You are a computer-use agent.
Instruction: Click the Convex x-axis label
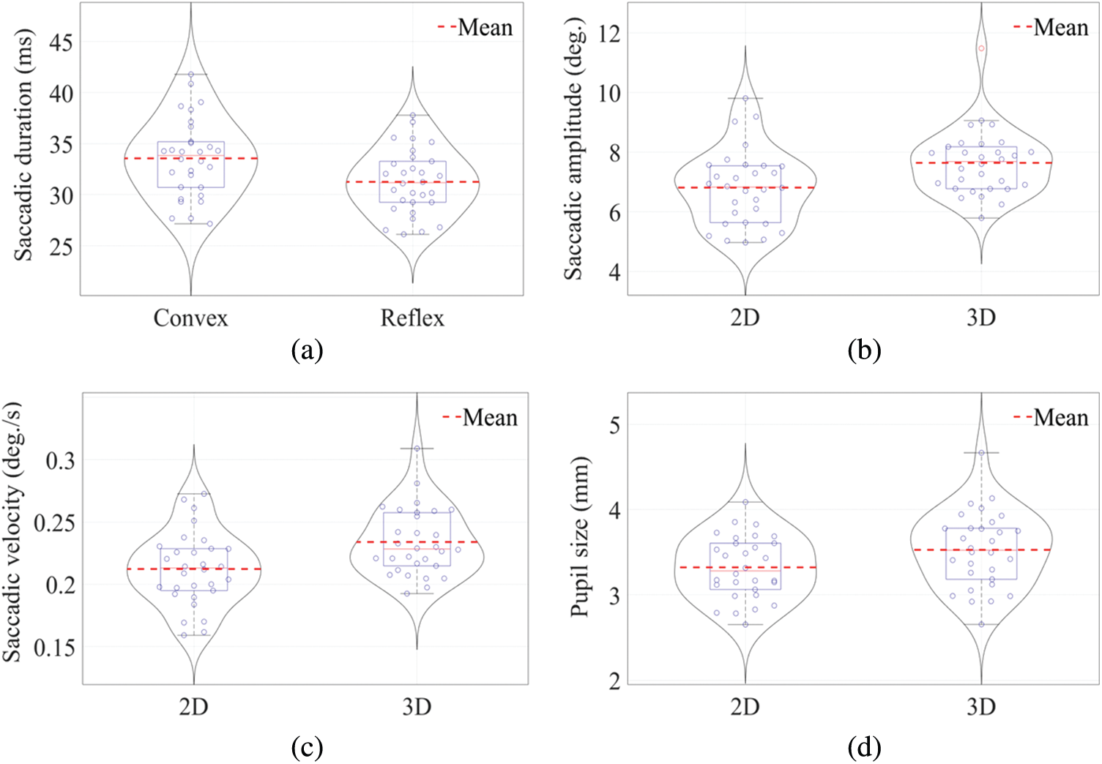click(190, 318)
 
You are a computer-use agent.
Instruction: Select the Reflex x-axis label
click(412, 318)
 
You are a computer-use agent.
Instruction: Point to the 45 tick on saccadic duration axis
click(61, 42)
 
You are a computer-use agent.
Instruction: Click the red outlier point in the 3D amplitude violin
click(981, 48)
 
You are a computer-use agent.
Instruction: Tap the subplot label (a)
click(307, 351)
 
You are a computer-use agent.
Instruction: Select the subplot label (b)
click(864, 351)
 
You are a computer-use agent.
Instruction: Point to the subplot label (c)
click(307, 747)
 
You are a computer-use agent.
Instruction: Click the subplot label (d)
click(864, 747)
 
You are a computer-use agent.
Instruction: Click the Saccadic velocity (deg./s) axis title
click(13, 533)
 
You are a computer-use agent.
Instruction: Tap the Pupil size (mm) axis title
click(579, 537)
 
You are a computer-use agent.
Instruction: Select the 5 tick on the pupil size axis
click(617, 424)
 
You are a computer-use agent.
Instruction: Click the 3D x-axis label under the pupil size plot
click(981, 707)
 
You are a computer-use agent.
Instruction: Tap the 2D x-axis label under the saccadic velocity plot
click(193, 707)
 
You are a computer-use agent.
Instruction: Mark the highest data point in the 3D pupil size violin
click(981, 453)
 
